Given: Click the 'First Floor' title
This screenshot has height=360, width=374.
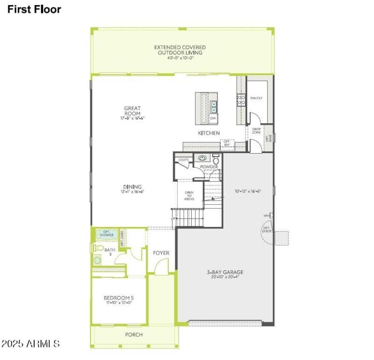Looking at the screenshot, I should point(34,9).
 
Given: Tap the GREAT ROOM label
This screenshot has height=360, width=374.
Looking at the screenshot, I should point(132,111).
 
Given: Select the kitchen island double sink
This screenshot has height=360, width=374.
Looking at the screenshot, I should point(214,107).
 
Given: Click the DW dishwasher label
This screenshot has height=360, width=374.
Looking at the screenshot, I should point(213,119).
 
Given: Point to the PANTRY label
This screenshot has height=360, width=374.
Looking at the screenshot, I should point(256,99).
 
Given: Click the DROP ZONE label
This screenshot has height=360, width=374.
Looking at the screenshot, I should point(256,131).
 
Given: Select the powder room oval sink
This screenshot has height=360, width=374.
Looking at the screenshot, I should point(202,158).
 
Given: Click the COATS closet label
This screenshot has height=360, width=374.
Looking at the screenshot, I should point(183,160).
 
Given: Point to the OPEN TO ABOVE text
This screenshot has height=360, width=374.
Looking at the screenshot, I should point(189,196).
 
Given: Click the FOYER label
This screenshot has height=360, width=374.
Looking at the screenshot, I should point(161,253).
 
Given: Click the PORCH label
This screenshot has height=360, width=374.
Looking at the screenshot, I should point(134,335).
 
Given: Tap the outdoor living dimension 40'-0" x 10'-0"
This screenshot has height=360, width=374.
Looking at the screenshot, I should point(180,58).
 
